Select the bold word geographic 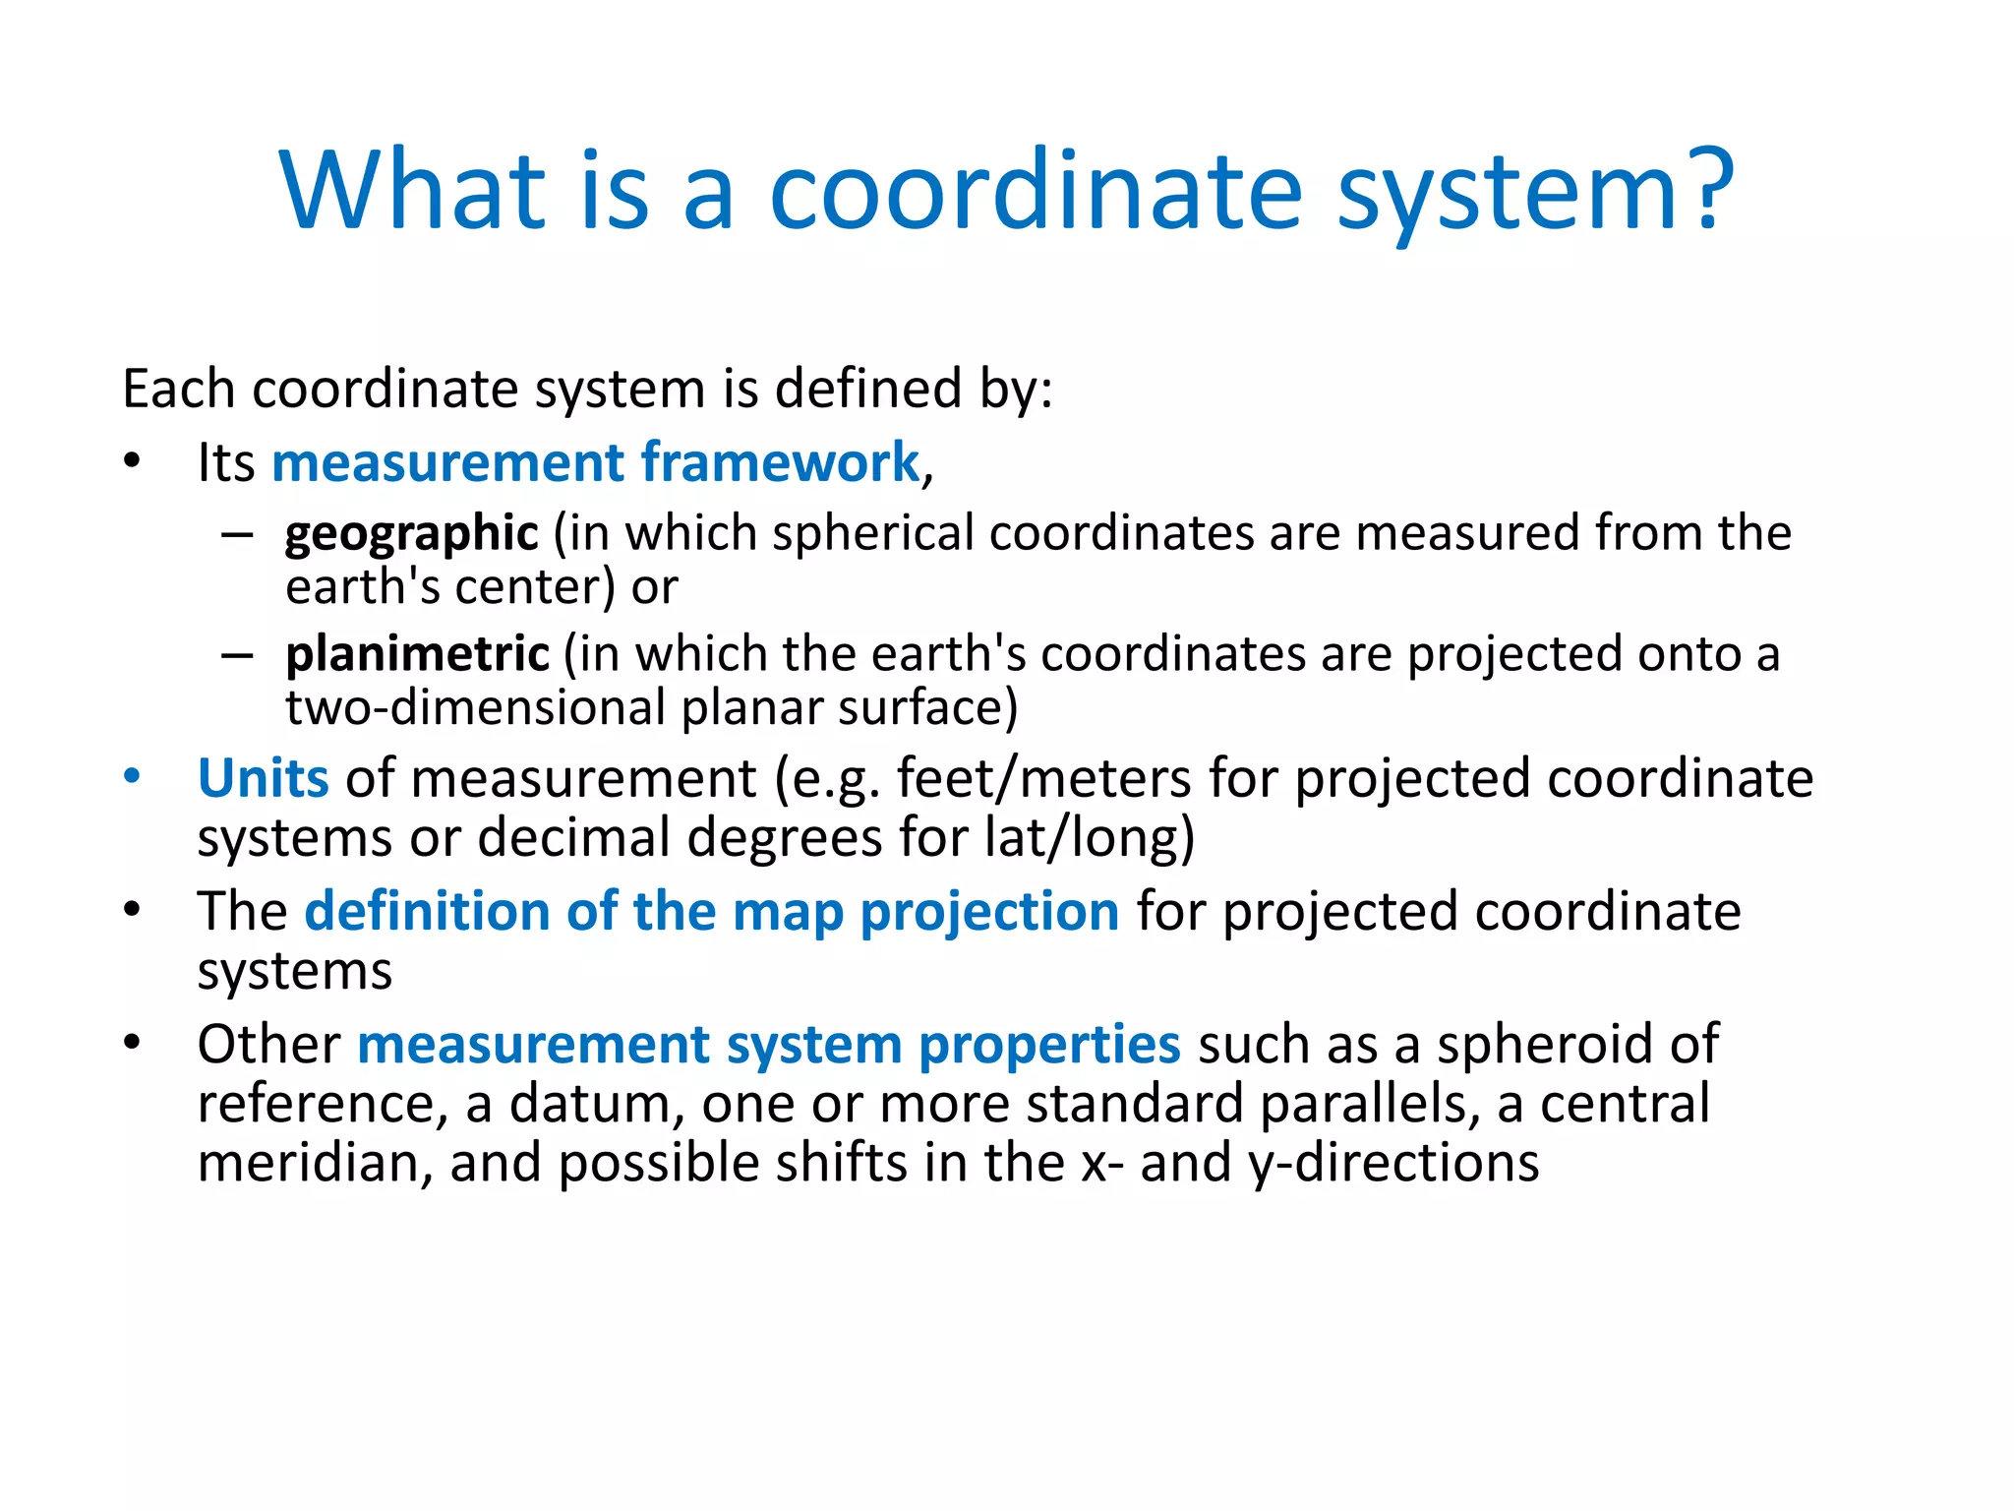[411, 534]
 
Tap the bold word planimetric [417, 654]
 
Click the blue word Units [263, 778]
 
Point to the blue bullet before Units [132, 777]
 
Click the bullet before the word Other [132, 1043]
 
